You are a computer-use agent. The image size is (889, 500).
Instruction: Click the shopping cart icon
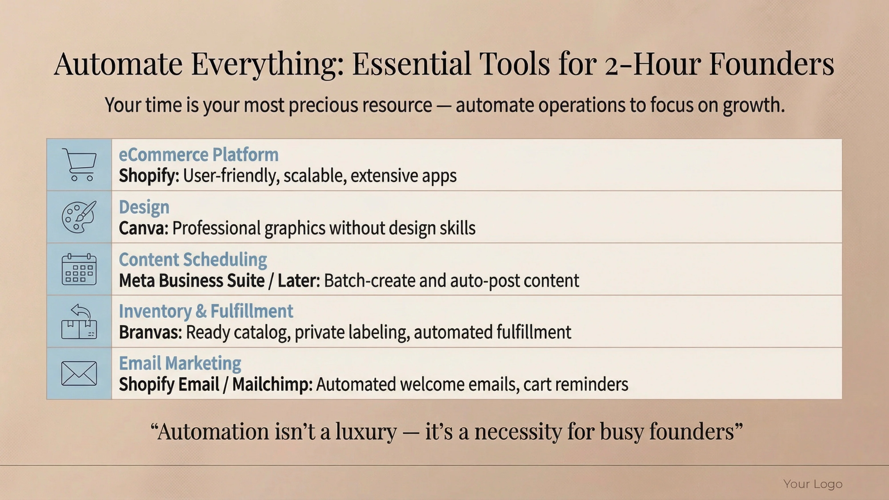coord(79,165)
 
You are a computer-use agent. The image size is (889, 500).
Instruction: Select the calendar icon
coord(79,269)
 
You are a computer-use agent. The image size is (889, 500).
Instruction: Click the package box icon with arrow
coord(79,321)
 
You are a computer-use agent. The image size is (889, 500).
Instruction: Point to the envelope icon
coord(79,373)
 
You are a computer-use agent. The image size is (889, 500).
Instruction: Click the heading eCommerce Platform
coord(198,155)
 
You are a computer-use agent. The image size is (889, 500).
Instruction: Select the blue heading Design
coord(144,207)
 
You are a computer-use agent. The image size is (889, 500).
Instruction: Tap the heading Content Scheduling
coord(193,260)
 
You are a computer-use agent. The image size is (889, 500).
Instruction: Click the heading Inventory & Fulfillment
coord(206,311)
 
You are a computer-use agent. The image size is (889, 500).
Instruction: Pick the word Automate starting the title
coord(118,64)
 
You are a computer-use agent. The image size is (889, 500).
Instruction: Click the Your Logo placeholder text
coord(813,484)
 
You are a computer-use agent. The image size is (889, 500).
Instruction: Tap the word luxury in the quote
coord(366,431)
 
